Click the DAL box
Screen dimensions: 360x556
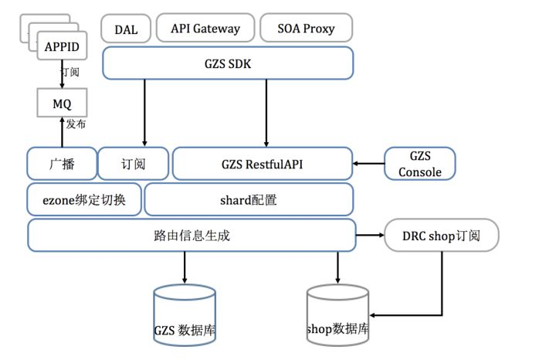(x=126, y=29)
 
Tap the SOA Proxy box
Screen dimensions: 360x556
(x=306, y=29)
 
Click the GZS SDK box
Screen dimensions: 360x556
(x=228, y=63)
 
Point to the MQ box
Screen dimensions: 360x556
(x=62, y=103)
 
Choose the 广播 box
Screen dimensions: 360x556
(x=62, y=164)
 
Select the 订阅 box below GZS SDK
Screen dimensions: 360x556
(x=133, y=164)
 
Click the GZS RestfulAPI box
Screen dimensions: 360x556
(x=263, y=164)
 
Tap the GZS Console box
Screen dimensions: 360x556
(x=420, y=164)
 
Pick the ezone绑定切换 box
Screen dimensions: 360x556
(x=85, y=199)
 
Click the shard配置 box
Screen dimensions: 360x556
(x=249, y=199)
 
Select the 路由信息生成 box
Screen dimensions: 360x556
(x=190, y=235)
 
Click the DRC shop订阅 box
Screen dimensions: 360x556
(x=442, y=235)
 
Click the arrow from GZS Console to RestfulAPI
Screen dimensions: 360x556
(x=369, y=163)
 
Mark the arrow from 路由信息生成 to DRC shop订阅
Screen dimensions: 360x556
(x=369, y=234)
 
